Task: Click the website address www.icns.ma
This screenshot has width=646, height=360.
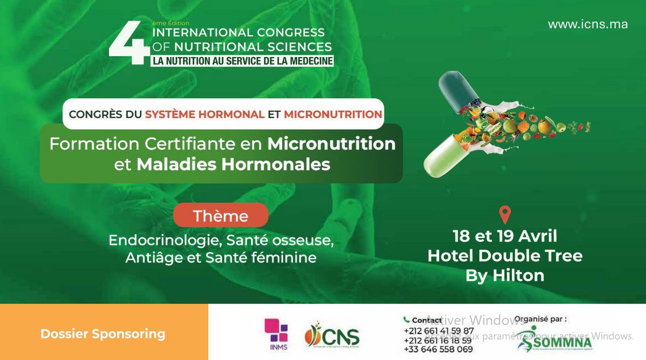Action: click(588, 24)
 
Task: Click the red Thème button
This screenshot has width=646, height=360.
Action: click(221, 216)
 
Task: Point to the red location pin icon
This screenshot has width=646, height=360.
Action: click(505, 214)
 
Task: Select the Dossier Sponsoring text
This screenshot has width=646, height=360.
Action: click(102, 334)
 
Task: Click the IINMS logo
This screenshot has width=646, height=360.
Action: click(276, 334)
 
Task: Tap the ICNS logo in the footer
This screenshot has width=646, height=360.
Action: click(332, 335)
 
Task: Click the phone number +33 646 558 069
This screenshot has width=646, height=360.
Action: click(438, 349)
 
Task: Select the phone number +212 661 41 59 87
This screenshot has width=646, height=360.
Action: click(438, 331)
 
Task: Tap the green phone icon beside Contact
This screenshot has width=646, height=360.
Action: click(406, 320)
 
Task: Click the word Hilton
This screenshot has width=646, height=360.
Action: click(518, 275)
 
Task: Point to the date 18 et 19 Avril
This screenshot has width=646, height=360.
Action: click(505, 236)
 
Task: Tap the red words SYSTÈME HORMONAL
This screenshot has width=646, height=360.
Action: click(204, 114)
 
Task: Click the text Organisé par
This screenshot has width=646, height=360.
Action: click(540, 319)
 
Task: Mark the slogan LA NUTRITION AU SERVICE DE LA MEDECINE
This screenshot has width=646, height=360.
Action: click(242, 61)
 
